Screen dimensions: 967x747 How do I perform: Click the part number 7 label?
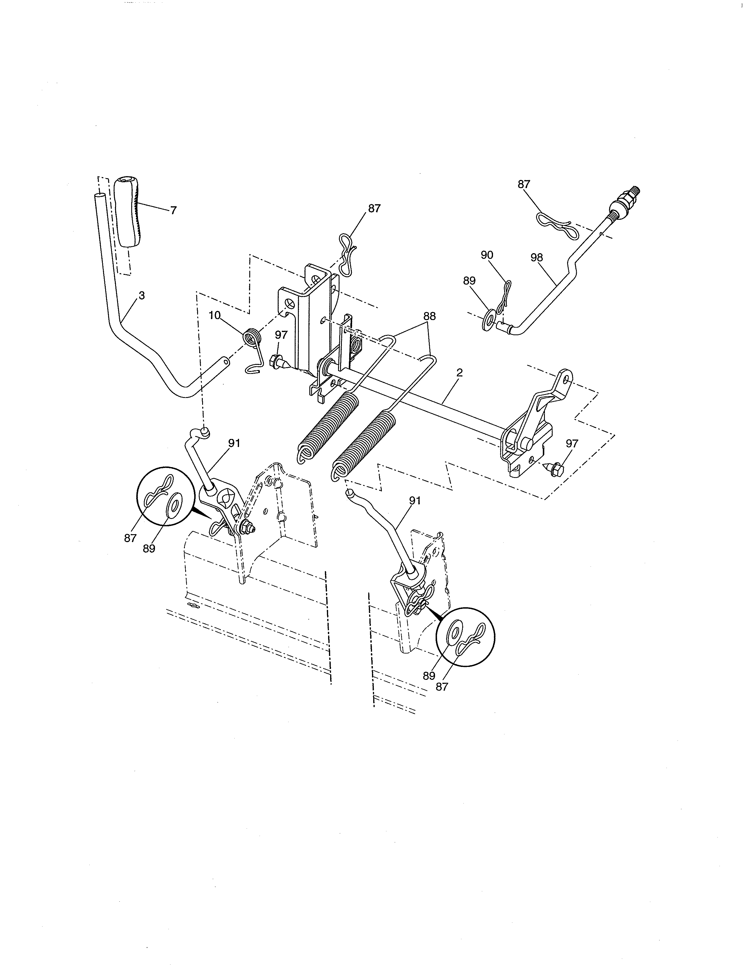point(173,211)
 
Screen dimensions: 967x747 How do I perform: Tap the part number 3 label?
point(141,296)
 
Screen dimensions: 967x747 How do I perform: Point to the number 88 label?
point(429,316)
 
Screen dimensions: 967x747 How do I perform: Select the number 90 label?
point(487,255)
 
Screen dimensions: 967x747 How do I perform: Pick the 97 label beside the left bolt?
point(281,335)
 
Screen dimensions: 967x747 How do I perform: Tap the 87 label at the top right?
point(524,184)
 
